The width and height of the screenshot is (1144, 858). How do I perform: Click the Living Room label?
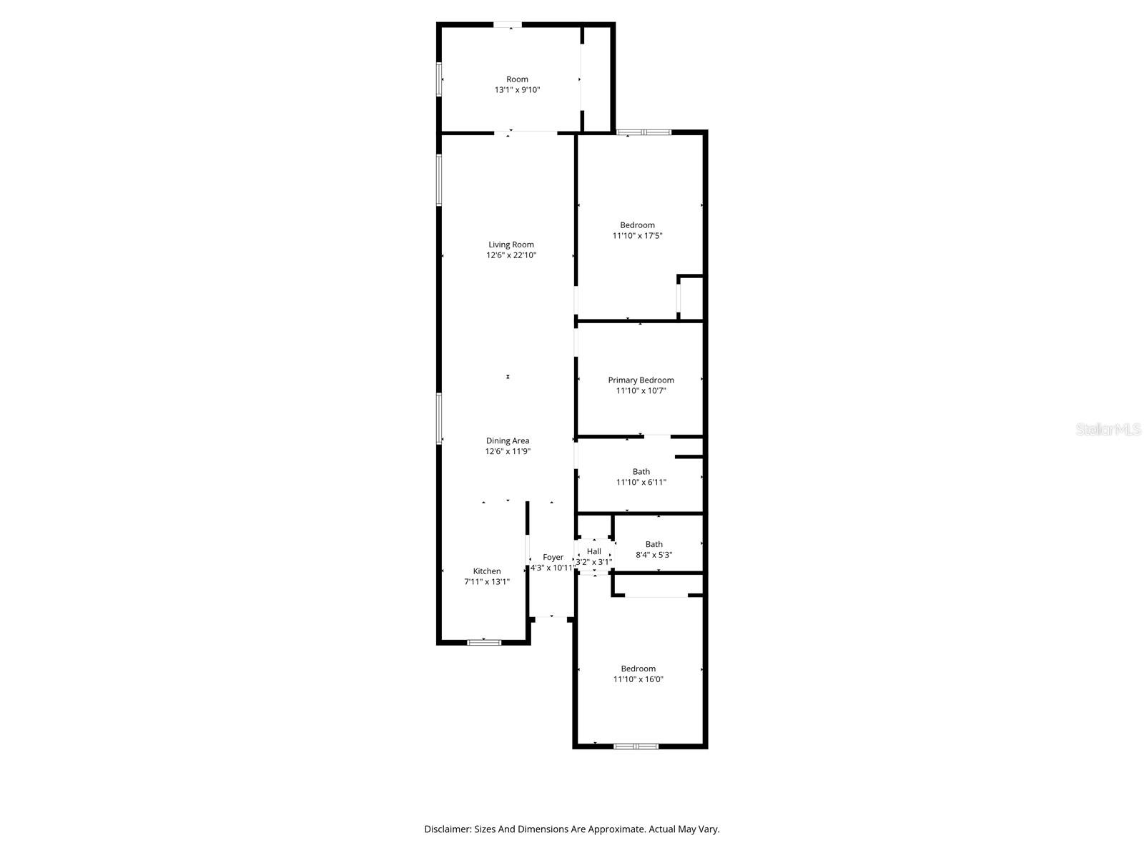(511, 245)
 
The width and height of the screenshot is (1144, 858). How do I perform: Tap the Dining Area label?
(508, 440)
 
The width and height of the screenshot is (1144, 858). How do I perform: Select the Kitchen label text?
(487, 571)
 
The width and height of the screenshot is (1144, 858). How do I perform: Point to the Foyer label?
(553, 557)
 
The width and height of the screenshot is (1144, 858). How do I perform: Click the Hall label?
(594, 551)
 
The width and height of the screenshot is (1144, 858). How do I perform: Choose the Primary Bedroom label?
(641, 380)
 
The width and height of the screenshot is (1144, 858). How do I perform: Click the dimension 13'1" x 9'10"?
(517, 90)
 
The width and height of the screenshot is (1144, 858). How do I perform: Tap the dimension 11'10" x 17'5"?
(637, 235)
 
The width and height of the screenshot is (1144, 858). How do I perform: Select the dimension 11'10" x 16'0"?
(638, 679)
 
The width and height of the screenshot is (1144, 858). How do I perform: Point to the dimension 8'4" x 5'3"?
(654, 555)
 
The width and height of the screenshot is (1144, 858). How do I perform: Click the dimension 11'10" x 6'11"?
(641, 482)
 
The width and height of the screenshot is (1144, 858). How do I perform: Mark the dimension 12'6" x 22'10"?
(511, 255)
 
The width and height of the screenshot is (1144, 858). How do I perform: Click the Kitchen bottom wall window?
(484, 642)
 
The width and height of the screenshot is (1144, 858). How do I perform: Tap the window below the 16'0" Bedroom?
(636, 746)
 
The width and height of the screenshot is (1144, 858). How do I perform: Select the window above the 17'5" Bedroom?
(644, 132)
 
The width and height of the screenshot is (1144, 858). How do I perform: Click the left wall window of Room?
(440, 79)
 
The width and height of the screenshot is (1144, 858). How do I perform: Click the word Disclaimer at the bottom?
(448, 829)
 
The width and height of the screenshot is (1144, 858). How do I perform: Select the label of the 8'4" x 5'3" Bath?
(654, 544)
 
